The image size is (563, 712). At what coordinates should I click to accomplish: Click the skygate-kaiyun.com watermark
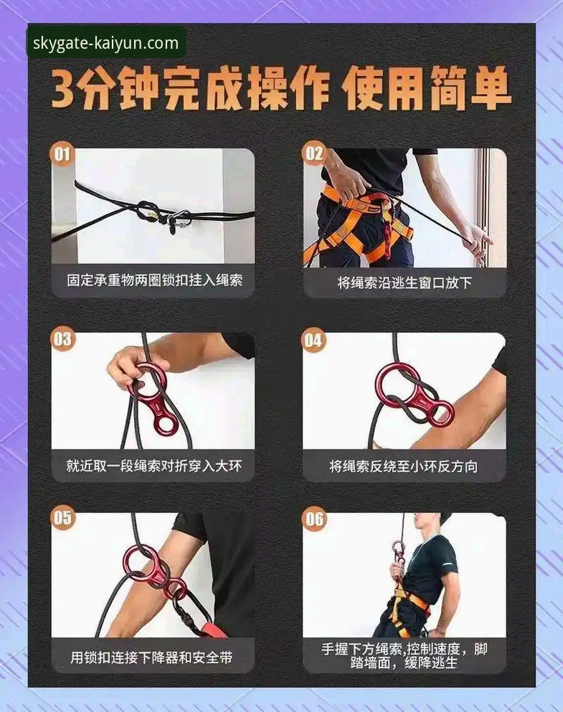[106, 43]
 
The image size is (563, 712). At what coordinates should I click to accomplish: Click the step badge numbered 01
[63, 153]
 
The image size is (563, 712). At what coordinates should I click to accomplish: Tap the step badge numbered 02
[314, 153]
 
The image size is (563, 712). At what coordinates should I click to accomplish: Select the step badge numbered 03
[63, 338]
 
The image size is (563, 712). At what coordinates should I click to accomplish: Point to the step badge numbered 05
[63, 518]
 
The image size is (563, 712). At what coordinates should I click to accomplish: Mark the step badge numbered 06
[314, 518]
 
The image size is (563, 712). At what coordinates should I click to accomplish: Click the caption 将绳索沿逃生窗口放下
[404, 282]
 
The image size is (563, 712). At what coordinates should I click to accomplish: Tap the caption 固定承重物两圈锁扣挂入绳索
[154, 280]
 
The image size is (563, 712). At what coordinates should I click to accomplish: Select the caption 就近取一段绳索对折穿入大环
[154, 466]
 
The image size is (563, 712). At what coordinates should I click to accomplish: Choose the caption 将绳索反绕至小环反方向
[404, 466]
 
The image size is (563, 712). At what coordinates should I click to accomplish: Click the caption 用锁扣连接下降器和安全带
[154, 657]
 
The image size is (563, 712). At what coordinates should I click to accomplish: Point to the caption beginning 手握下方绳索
[404, 655]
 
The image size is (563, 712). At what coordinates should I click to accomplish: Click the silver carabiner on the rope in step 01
[179, 219]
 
